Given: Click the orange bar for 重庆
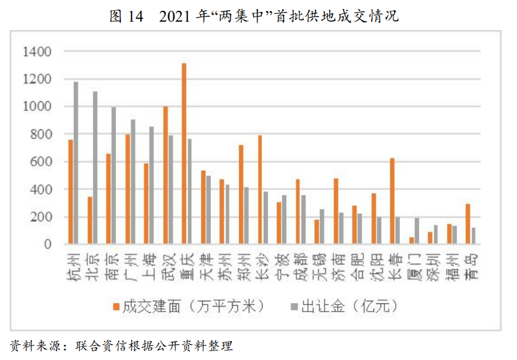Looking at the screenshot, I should pyautogui.click(x=184, y=154).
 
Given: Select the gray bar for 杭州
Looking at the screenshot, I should pyautogui.click(x=76, y=163).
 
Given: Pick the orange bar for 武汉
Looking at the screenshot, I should pyautogui.click(x=165, y=175).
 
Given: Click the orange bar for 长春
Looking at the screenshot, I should pyautogui.click(x=392, y=201).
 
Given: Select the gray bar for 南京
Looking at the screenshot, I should pyautogui.click(x=114, y=176).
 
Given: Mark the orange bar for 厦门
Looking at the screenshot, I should pyautogui.click(x=411, y=241).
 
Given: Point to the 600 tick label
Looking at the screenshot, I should pyautogui.click(x=40, y=162).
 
